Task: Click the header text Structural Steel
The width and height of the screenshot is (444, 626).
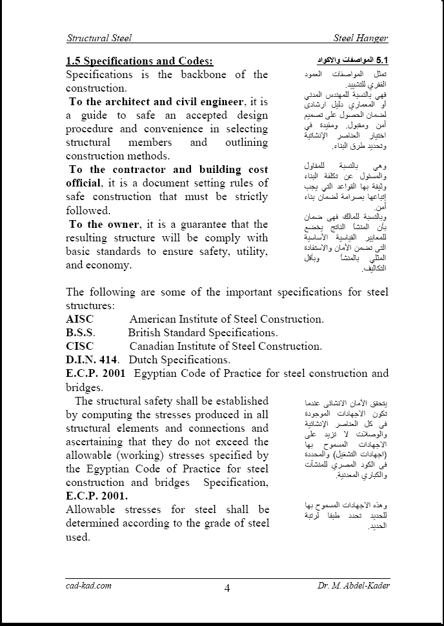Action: tap(99, 38)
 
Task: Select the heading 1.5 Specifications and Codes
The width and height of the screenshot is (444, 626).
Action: tap(139, 61)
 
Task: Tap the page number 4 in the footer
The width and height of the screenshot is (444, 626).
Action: tap(227, 587)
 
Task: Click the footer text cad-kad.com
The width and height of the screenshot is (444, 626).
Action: tap(89, 585)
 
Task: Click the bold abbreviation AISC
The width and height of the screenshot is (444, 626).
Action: tap(80, 319)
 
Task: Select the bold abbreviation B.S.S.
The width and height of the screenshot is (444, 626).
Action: tap(81, 332)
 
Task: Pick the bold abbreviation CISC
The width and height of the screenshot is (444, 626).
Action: tap(80, 346)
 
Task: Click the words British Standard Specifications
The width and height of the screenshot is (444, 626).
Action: tap(203, 332)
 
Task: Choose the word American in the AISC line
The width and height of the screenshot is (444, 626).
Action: tap(156, 319)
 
